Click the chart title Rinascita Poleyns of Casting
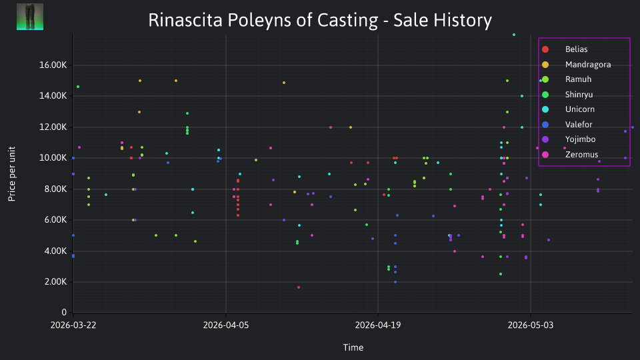coord(263,20)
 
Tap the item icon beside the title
coord(30,17)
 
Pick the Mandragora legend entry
coord(576,65)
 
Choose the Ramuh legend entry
coord(567,79)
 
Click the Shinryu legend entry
coord(567,95)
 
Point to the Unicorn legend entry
coord(568,109)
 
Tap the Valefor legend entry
coord(567,125)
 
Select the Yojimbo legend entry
coord(569,139)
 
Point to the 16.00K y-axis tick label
coord(53,65)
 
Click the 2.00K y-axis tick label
coord(55,281)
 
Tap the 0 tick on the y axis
coord(64,312)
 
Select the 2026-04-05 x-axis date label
coord(226,325)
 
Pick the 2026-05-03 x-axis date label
coord(531,325)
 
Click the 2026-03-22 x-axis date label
coord(73,325)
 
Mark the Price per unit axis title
coord(12,174)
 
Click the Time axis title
coord(353,347)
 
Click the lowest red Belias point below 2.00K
coord(299,287)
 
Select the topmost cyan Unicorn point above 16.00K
coord(514,35)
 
